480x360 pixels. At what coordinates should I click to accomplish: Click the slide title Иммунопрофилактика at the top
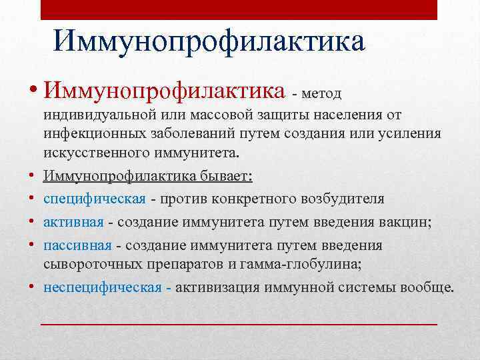click(209, 41)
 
